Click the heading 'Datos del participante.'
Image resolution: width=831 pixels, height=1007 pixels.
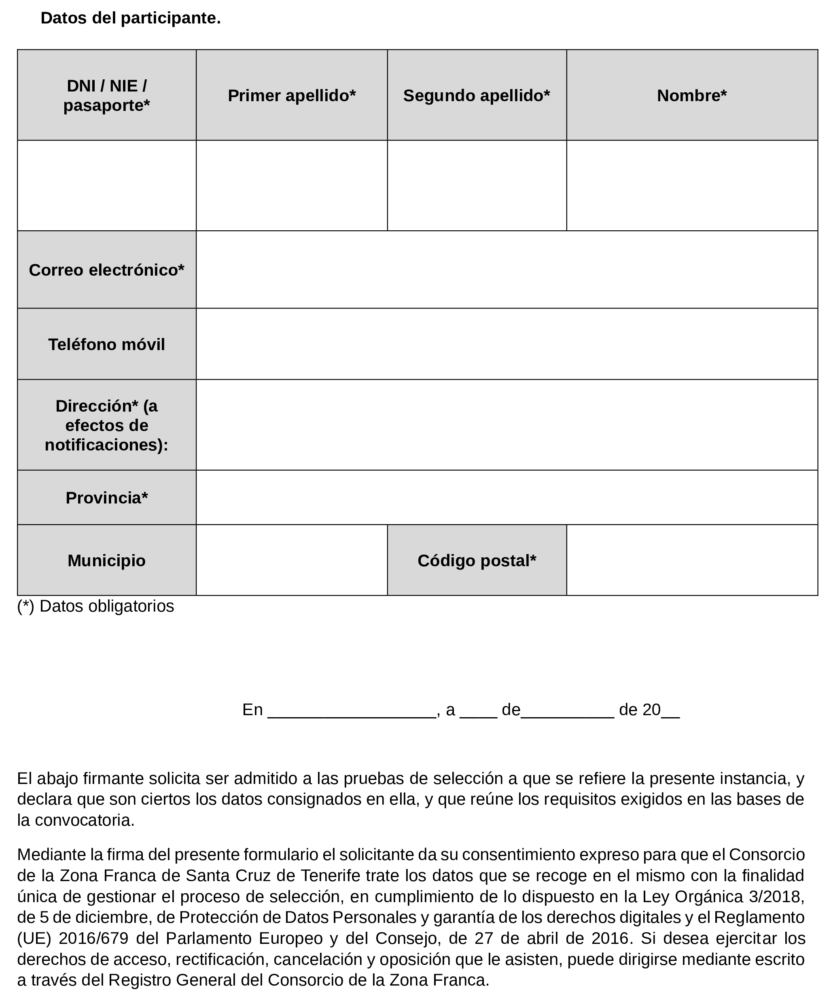tap(130, 18)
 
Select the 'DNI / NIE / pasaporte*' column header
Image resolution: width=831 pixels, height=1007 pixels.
tap(106, 95)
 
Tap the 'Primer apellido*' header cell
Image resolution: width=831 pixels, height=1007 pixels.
tap(292, 95)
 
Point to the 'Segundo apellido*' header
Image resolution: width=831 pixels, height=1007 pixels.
tap(476, 95)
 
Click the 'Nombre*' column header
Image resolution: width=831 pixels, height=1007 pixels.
tap(692, 95)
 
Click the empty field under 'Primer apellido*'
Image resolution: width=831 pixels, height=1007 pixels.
tap(292, 185)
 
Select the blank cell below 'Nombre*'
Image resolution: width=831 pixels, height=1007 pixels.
tap(692, 185)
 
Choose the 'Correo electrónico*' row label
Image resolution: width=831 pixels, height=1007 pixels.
tap(106, 270)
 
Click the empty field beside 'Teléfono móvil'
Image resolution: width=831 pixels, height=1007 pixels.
tap(507, 344)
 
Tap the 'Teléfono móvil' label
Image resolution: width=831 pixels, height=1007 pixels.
tap(106, 344)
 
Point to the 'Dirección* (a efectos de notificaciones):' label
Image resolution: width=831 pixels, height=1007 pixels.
tap(106, 425)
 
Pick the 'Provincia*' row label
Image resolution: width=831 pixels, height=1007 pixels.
tap(106, 498)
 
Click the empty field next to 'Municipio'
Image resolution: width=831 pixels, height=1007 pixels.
tap(292, 560)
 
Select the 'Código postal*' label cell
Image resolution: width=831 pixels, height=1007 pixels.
tap(476, 560)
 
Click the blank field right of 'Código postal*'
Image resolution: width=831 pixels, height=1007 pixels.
tap(692, 560)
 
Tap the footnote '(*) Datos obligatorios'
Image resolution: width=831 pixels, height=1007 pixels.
tap(96, 606)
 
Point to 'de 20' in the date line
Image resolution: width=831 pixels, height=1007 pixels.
tap(640, 710)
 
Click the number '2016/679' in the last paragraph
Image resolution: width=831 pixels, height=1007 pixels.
tap(94, 937)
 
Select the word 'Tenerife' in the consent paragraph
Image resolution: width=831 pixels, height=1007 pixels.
tap(330, 875)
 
